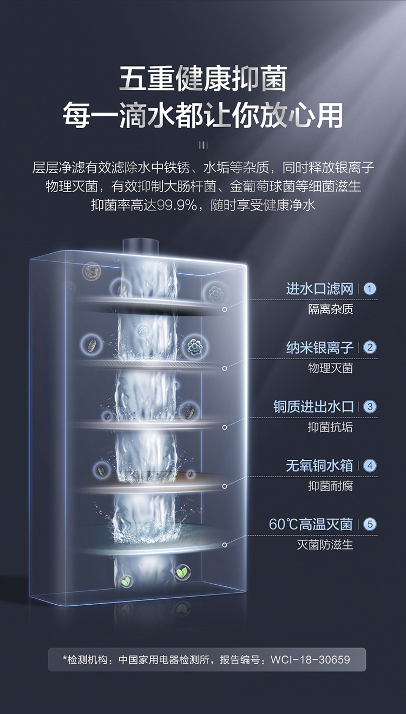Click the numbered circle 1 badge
[x=370, y=289]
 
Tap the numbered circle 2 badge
[x=370, y=347]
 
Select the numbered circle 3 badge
[x=370, y=406]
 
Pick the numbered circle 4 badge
[x=370, y=465]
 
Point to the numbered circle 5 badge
[x=370, y=524]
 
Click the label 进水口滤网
[x=319, y=289]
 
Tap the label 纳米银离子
[x=319, y=347]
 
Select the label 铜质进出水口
[x=313, y=406]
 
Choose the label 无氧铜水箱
[x=319, y=465]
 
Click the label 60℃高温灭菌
[x=311, y=524]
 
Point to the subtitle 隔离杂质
[x=330, y=309]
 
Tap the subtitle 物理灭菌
[x=330, y=368]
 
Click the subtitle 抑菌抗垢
[x=330, y=427]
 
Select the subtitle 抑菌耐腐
[x=330, y=486]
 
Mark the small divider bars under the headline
[x=203, y=144]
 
